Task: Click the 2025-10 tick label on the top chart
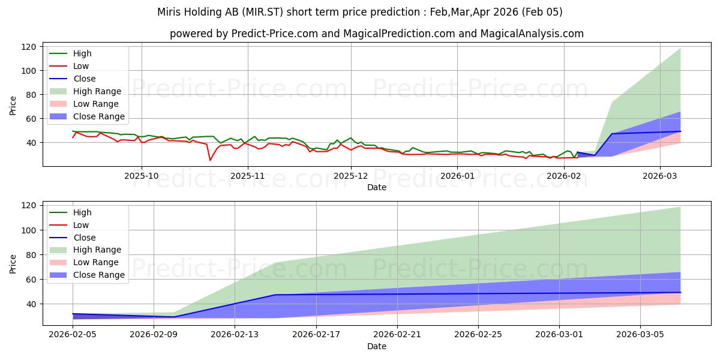click(142, 176)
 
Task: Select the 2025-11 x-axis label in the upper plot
click(247, 176)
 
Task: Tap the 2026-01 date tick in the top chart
click(458, 176)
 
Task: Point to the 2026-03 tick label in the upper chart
click(659, 176)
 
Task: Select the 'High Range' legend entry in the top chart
click(97, 91)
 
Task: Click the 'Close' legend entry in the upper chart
click(85, 79)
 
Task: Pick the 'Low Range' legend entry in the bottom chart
click(96, 262)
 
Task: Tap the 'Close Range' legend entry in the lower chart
click(99, 275)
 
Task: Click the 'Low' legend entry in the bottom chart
click(81, 225)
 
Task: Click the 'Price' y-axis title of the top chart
click(13, 106)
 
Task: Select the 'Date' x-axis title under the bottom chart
click(377, 346)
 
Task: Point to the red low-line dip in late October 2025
click(210, 160)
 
